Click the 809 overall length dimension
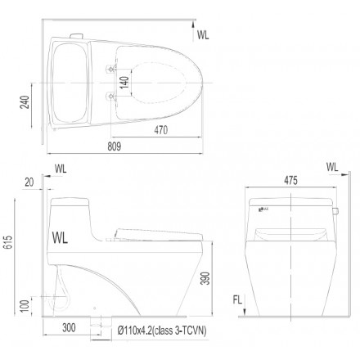pos(114,146)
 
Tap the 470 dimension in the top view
pos(161,130)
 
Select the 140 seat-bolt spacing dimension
pos(124,83)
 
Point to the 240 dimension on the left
pos(25,102)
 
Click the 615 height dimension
pos(8,242)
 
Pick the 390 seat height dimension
pos(205,278)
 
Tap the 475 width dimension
pos(290,180)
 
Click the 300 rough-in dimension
pos(69,327)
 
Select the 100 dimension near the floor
pos(25,306)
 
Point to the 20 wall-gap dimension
pos(29,182)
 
